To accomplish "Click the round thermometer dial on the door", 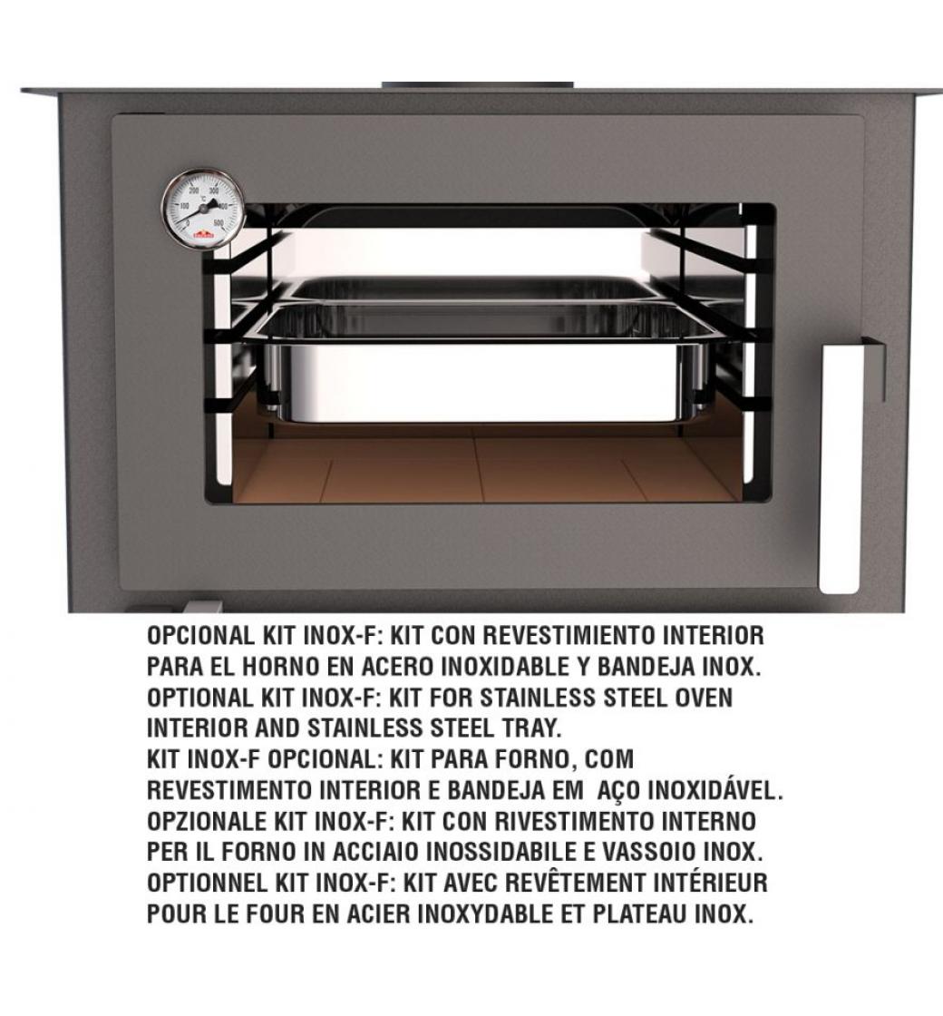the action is pos(203,209).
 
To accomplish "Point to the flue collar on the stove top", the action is pos(477,86).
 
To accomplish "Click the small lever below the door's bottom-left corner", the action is pos(203,607).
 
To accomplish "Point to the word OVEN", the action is pos(704,698).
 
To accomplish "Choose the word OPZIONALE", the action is pos(207,821).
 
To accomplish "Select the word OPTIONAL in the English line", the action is pos(200,698).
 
